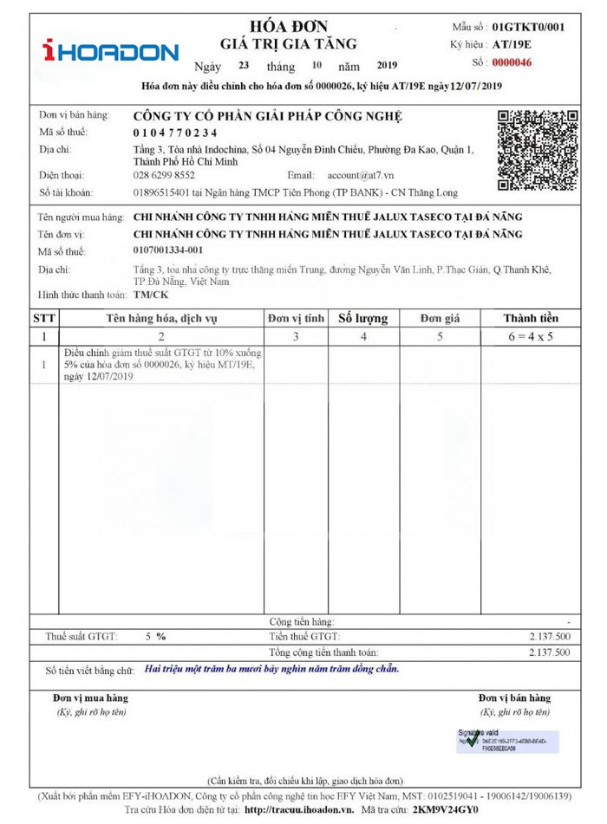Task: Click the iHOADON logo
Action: (110, 52)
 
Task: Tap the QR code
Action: (538, 151)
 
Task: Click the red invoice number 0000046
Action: (512, 62)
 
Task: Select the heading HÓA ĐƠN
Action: (289, 26)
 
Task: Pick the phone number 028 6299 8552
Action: (164, 175)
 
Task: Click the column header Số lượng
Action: (362, 318)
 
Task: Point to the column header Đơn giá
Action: (440, 318)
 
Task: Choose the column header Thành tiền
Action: (531, 318)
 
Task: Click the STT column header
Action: (44, 318)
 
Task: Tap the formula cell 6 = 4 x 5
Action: (531, 335)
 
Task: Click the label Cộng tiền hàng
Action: (301, 622)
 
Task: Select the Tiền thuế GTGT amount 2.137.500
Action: (549, 637)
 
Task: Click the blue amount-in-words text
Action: (272, 670)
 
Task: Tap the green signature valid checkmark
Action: (471, 740)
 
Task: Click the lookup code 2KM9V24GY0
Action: (445, 809)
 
